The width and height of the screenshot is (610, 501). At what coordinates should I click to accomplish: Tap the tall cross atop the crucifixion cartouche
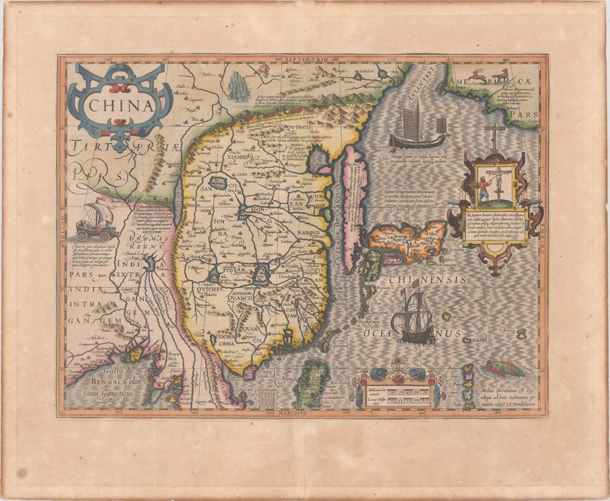point(494,136)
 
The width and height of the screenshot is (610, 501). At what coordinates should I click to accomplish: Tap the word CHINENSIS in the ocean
point(427,280)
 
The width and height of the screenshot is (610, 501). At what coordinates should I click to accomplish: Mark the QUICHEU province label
point(209,288)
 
